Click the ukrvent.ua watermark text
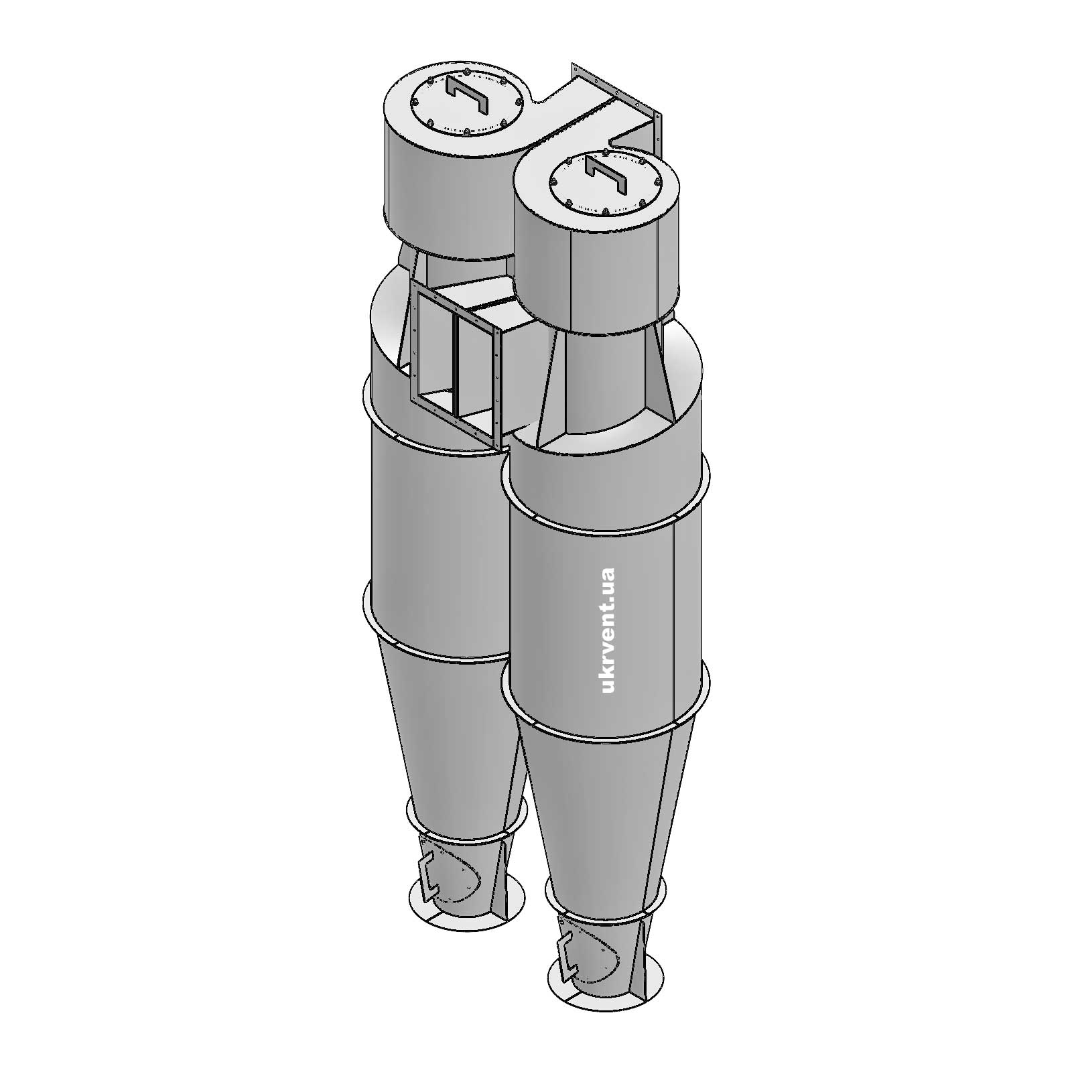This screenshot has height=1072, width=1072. (608, 630)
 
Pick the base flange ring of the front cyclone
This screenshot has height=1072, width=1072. (606, 998)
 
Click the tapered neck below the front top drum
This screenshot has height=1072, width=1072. (603, 382)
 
